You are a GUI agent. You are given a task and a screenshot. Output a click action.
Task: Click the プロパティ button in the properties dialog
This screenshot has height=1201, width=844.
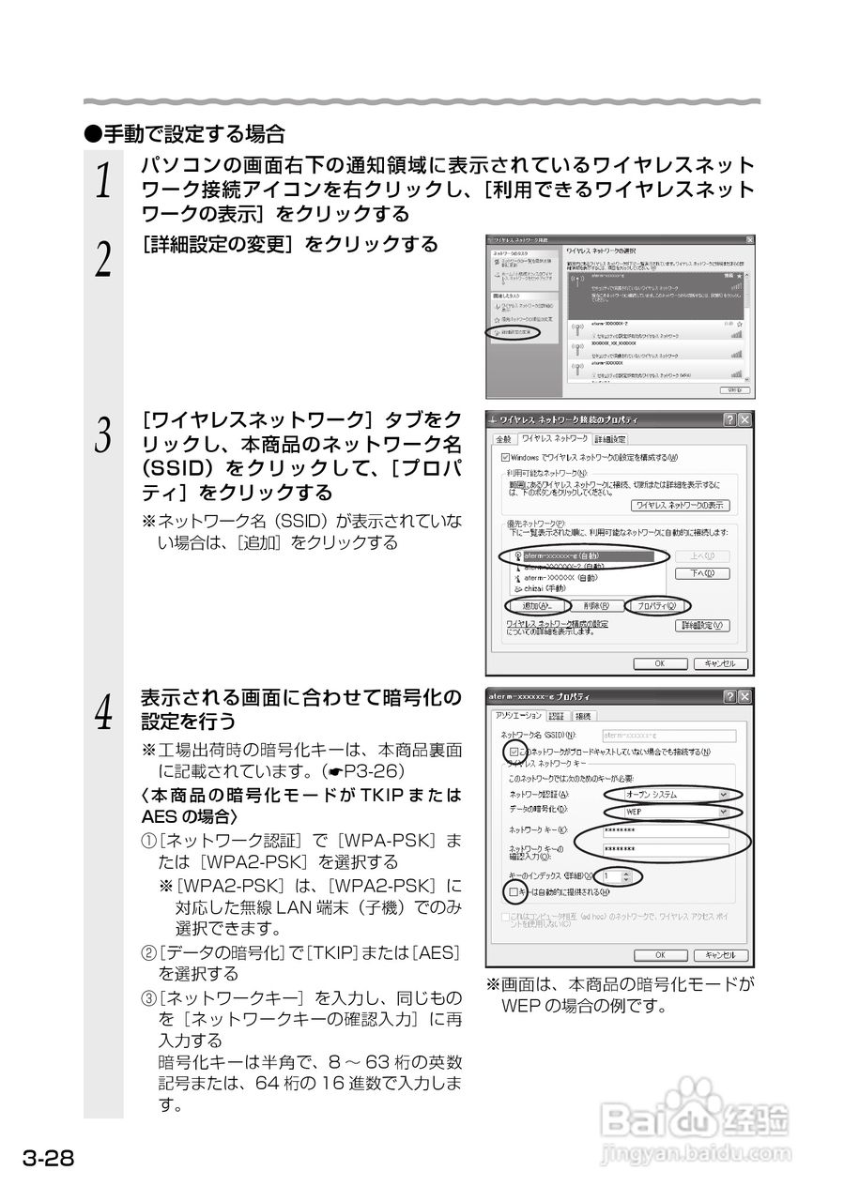(x=657, y=606)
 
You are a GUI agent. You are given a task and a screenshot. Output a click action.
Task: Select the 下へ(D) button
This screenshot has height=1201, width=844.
(x=701, y=573)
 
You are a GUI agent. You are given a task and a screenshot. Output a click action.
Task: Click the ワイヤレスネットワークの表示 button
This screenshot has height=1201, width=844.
(x=680, y=505)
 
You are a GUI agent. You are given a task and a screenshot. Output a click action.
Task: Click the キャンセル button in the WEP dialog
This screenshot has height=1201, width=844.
(x=720, y=955)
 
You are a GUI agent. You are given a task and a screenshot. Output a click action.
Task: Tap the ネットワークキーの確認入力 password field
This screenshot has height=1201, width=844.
(x=666, y=850)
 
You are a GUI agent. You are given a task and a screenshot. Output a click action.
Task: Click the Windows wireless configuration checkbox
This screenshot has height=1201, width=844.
(x=506, y=456)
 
